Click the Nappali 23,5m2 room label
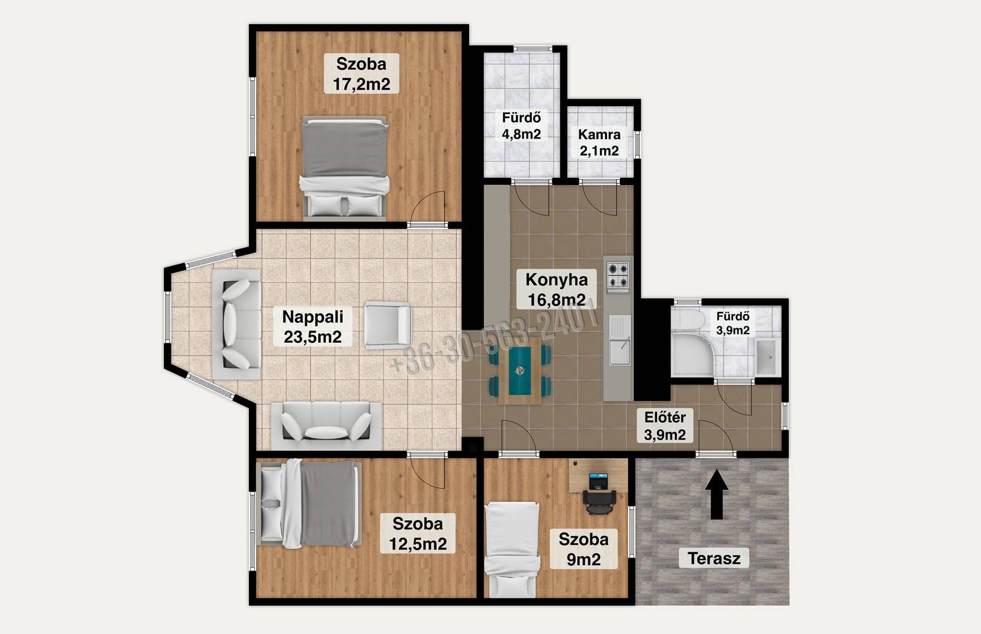pos(312,326)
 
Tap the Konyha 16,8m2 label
pos(556,289)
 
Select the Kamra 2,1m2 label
pos(599,142)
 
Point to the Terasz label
pos(714,558)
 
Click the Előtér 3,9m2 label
pos(665,426)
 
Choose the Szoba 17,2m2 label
pos(361,73)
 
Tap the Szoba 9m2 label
pos(584,549)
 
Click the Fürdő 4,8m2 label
pos(521,125)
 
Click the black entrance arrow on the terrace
pos(716,494)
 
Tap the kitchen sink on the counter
pos(620,340)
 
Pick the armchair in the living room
pos(387,325)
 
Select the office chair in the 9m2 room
pos(599,502)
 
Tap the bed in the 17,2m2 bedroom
pos(344,168)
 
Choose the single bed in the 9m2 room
pos(512,550)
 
